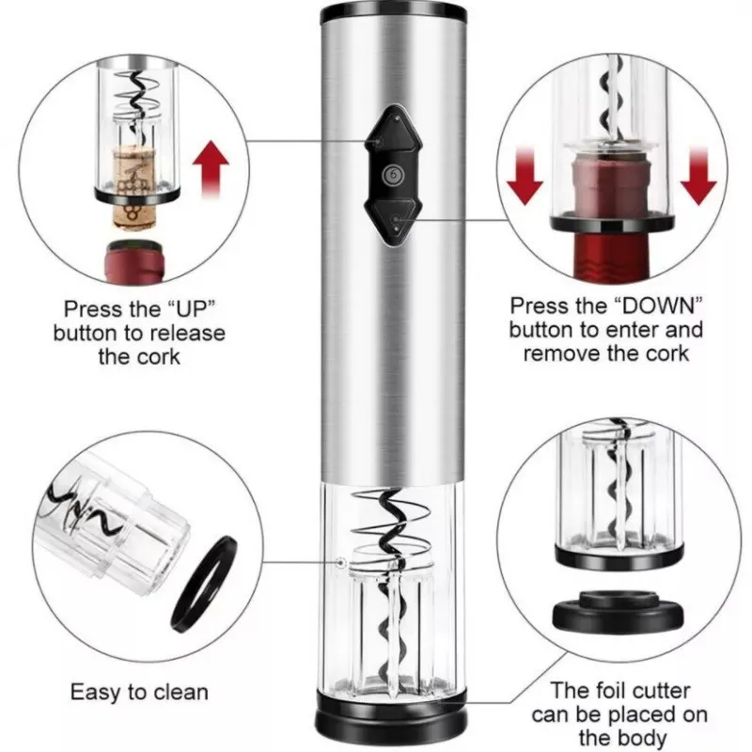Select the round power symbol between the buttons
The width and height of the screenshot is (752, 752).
[x=389, y=177]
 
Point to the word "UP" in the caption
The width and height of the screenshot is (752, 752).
[x=196, y=308]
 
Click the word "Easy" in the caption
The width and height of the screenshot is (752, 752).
[x=96, y=694]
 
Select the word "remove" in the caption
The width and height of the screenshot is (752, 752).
[x=556, y=353]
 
